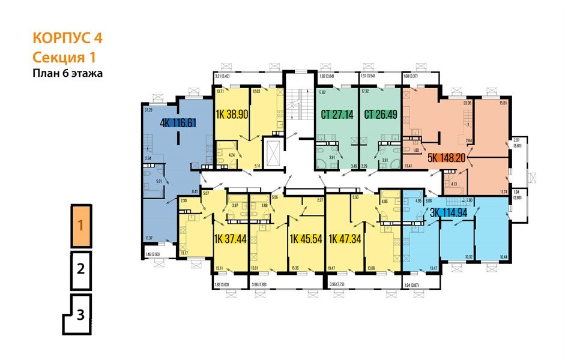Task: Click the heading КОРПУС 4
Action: point(67,38)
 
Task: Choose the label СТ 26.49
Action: point(380,114)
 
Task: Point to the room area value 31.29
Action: point(148,110)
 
